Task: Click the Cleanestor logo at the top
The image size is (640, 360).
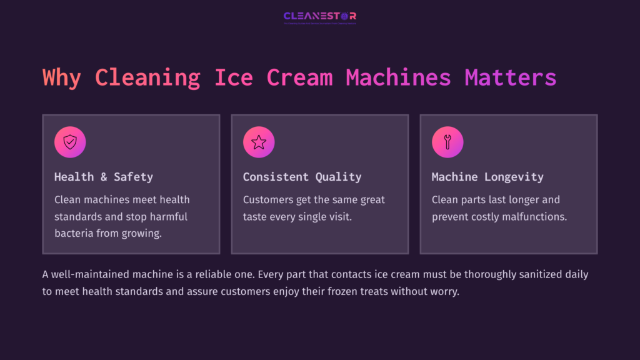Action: point(320,17)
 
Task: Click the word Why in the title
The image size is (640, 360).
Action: point(62,78)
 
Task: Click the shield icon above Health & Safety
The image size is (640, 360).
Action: point(70,142)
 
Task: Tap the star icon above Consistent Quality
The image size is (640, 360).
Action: point(259,142)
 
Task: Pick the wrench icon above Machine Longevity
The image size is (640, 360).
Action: point(447,142)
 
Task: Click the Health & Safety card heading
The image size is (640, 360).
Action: point(104,177)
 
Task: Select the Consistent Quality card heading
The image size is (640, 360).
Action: point(302,177)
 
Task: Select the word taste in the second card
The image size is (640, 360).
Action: point(256,217)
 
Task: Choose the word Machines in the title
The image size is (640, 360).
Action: point(398,78)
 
